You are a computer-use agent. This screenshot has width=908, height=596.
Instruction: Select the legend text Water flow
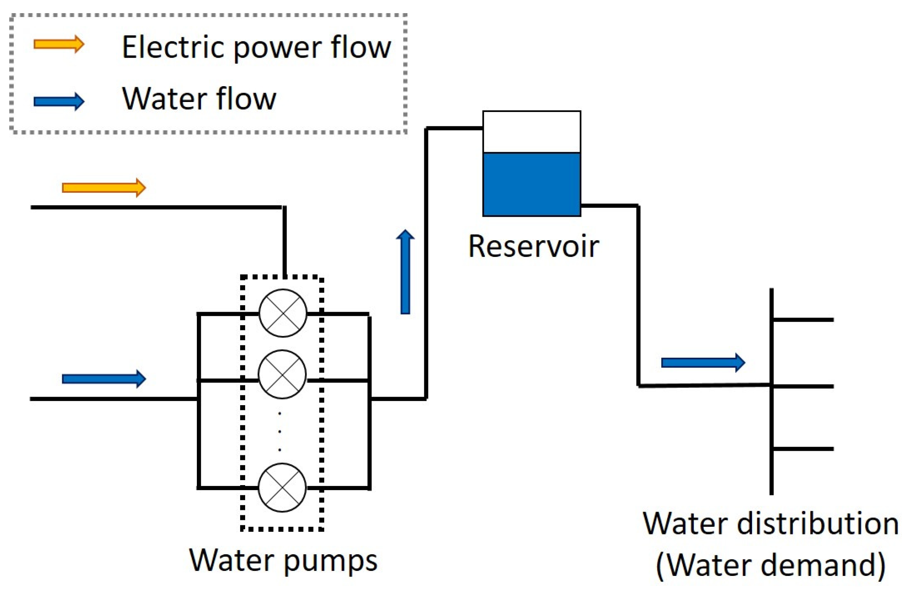[199, 99]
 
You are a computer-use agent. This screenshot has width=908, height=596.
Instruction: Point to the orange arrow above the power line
[104, 188]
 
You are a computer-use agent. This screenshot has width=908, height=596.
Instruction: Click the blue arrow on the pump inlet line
[104, 379]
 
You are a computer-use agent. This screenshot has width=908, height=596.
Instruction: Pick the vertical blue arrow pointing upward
[405, 272]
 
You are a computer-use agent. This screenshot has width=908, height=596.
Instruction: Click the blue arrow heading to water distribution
[703, 362]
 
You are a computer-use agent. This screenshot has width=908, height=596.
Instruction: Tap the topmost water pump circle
[283, 313]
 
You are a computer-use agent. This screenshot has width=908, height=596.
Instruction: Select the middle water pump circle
[282, 374]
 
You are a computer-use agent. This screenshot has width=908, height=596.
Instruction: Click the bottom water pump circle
[282, 487]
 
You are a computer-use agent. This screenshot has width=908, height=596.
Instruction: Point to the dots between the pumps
[280, 431]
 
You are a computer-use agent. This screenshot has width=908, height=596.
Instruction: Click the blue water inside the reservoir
[532, 184]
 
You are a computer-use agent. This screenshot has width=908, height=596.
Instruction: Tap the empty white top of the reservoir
[532, 132]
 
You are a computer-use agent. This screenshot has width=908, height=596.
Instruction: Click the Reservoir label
[534, 246]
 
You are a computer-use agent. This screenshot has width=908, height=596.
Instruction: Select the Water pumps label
[283, 560]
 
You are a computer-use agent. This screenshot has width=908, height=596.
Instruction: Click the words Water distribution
[771, 524]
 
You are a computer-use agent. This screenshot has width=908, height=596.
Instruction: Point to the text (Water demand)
[771, 565]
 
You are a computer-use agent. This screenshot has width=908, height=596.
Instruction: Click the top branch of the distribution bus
[802, 320]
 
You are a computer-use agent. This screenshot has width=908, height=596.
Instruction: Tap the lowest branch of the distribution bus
[802, 449]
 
